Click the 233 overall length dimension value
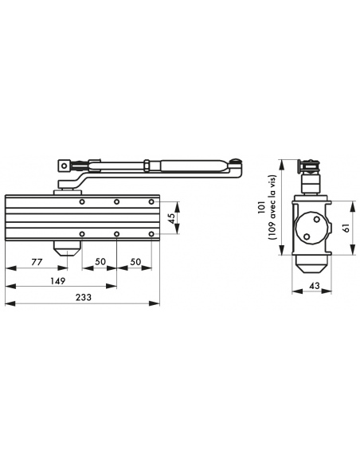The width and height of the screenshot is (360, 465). [84, 297]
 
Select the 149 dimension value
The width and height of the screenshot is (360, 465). [57, 280]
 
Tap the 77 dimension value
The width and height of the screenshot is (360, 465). [37, 262]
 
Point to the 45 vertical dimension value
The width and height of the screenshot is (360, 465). [171, 218]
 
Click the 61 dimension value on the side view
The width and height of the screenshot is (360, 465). [346, 228]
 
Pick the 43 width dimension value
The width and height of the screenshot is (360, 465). [315, 285]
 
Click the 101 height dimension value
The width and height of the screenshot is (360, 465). [261, 207]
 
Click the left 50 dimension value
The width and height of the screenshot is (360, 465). [100, 261]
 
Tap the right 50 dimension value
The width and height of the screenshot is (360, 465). [135, 261]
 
